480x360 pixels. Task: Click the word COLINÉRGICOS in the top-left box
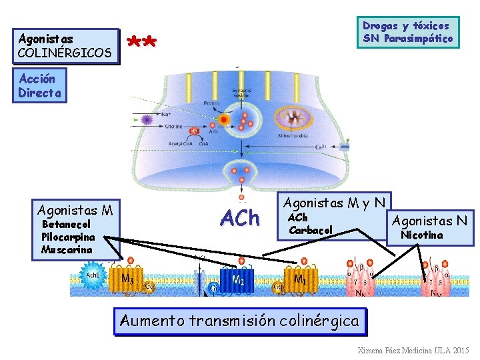65,52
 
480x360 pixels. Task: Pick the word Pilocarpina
68,237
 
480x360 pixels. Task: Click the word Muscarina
66,249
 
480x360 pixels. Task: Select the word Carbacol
311,230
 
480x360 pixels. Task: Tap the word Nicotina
421,235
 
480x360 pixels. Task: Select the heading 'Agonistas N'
429,221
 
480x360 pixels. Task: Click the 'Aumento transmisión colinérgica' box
240,321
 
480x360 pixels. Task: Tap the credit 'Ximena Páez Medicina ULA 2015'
413,350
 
